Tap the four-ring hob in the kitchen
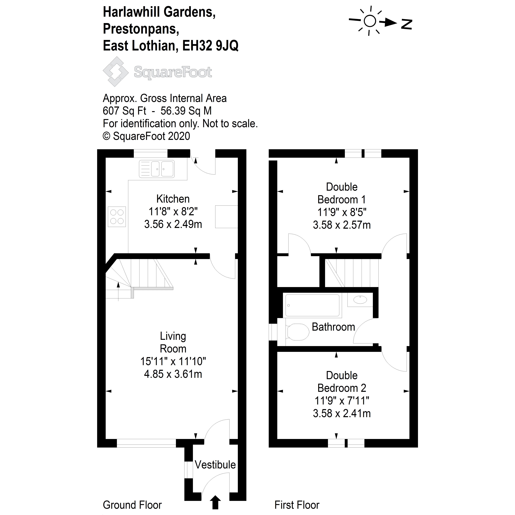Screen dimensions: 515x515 (117, 217)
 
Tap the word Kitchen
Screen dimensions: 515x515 (173, 199)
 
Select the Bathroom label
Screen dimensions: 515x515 (333, 327)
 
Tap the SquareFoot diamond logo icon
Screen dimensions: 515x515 (115, 71)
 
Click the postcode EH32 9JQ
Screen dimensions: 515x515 (210, 46)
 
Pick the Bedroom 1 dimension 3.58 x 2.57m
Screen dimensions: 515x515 (342, 225)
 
